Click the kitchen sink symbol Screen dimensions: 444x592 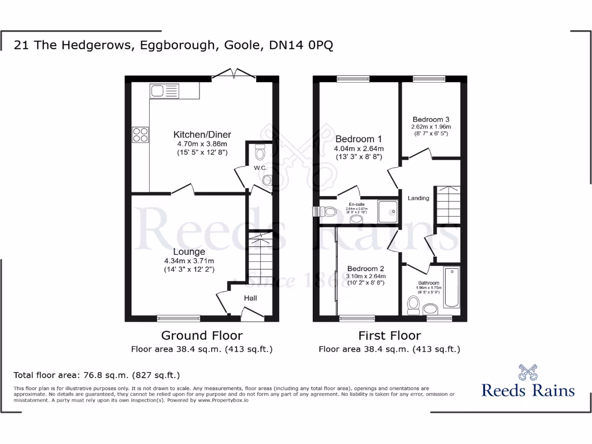(165, 91)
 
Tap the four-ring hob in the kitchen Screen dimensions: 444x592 (140, 135)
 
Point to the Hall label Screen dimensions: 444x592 (250, 298)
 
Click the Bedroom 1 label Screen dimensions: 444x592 (358, 139)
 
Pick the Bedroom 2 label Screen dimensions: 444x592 (365, 268)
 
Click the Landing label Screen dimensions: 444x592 (419, 198)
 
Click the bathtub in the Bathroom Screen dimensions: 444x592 (451, 289)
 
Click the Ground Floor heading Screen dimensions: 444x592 (202, 335)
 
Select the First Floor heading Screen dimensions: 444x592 (390, 335)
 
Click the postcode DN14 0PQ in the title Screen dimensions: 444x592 (301, 45)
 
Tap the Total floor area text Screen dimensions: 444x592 (97, 375)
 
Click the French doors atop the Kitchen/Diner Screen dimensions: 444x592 (235, 74)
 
